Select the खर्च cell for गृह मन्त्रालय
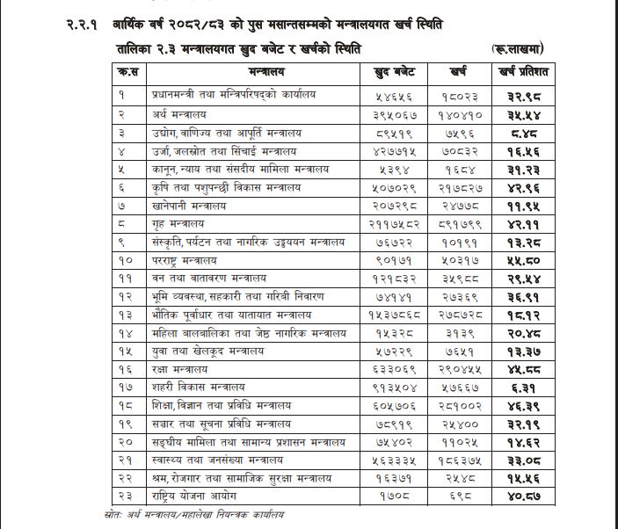pos(466,225)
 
